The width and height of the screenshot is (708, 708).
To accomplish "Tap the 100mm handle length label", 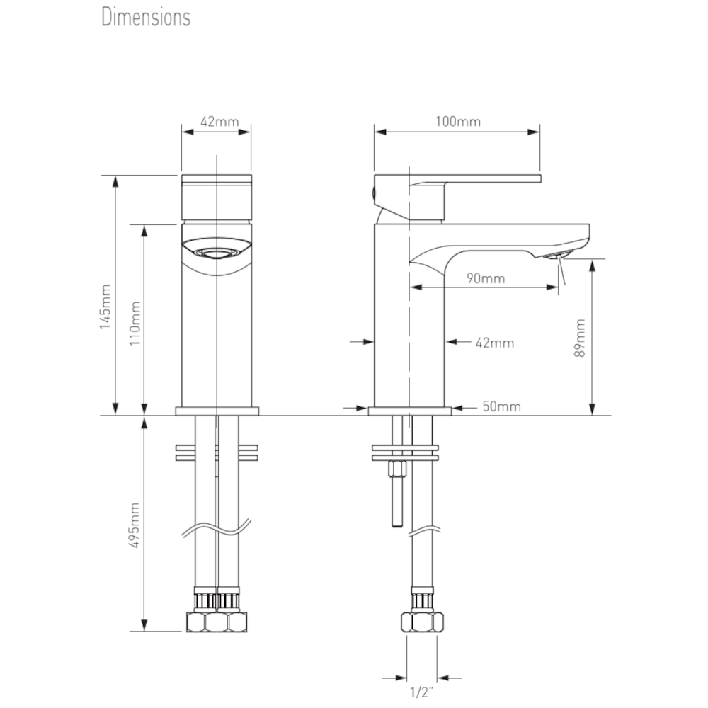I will click(457, 122).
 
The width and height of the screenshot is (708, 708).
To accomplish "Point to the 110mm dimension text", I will click(136, 322).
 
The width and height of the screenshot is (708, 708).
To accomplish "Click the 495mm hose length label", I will click(136, 525).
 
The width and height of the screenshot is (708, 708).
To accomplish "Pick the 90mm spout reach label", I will click(486, 278).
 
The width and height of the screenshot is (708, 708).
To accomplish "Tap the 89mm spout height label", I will click(581, 338).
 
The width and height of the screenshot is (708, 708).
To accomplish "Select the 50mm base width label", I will click(501, 406).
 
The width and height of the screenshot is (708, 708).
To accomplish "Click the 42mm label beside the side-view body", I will click(494, 343).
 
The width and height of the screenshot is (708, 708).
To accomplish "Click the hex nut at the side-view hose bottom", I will click(422, 622).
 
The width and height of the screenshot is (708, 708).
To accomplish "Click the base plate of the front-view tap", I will click(217, 411).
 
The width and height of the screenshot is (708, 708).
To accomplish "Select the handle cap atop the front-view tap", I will click(217, 198).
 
